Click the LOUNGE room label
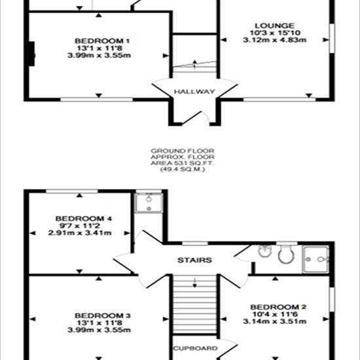point(275,26)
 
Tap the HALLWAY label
point(194,92)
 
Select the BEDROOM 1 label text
point(102,41)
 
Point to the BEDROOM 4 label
point(84,219)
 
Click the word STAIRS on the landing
point(194,260)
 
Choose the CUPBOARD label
point(195,348)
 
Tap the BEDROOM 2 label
point(278,307)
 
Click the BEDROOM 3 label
point(103,315)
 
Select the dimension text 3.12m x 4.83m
point(275,40)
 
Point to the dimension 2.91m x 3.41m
point(80,233)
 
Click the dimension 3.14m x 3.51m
point(275,321)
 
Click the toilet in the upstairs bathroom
point(286,255)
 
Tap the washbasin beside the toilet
point(265,251)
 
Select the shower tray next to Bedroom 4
point(149,203)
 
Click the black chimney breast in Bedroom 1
point(31,54)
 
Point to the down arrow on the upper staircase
point(194,283)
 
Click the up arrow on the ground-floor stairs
point(194,65)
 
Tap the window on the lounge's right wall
point(332,39)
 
